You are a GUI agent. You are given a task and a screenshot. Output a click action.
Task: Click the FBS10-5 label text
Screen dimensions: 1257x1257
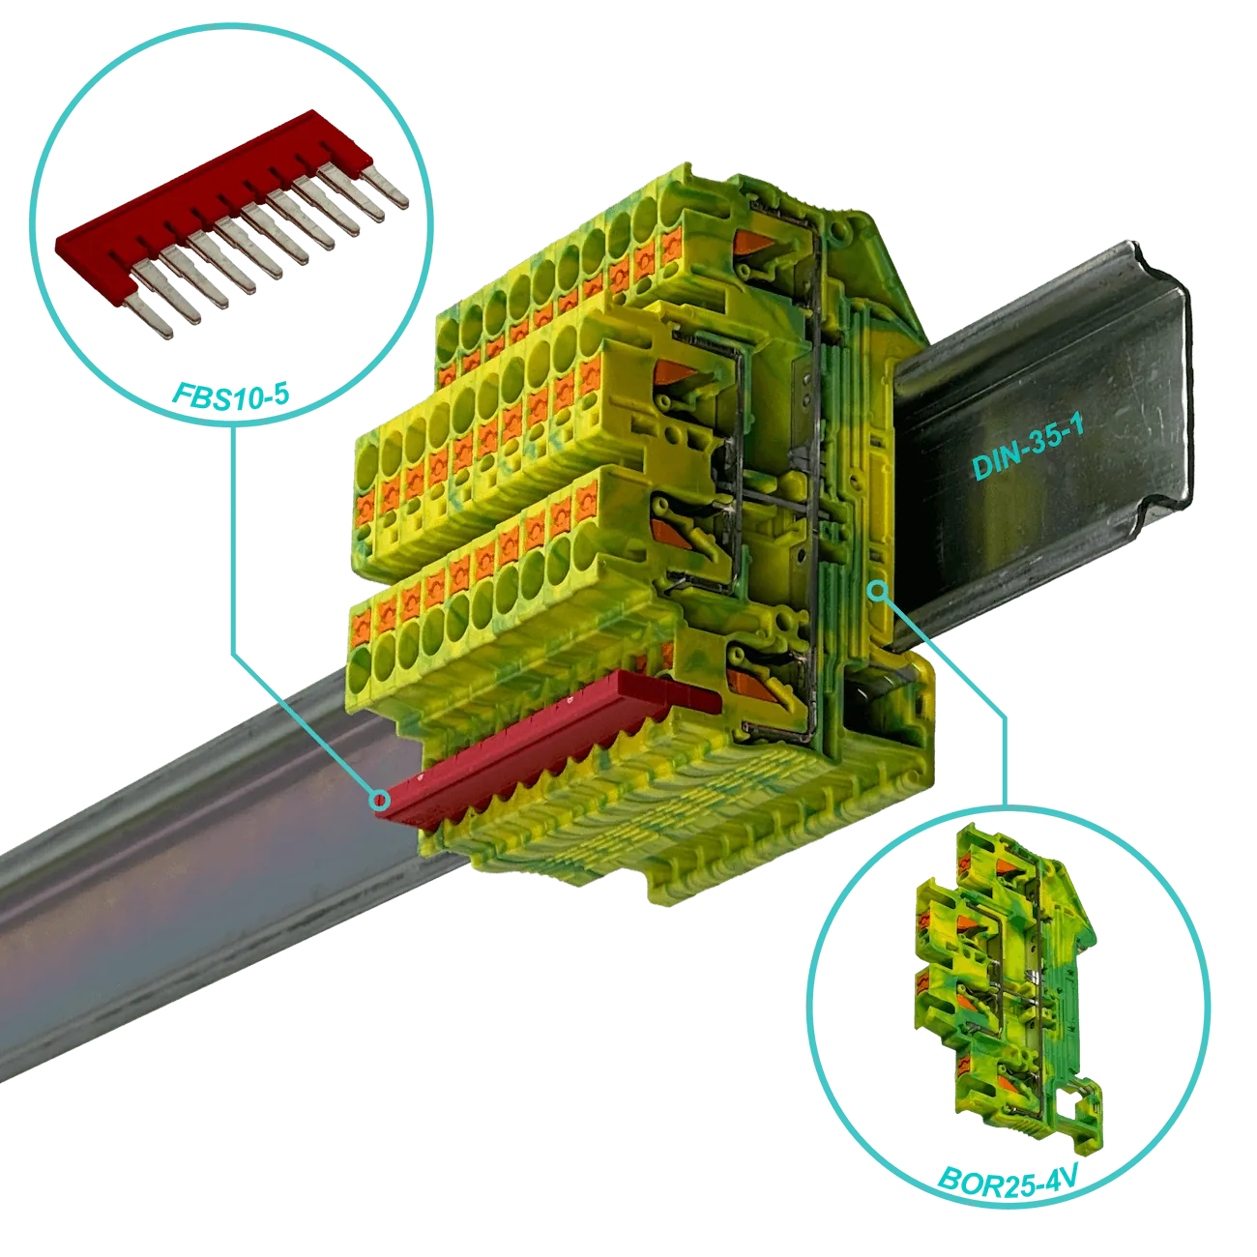pyautogui.click(x=230, y=395)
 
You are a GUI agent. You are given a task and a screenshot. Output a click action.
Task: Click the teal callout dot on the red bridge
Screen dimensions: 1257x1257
pyautogui.click(x=379, y=799)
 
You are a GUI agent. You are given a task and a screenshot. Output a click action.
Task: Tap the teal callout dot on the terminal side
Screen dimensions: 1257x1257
pyautogui.click(x=879, y=592)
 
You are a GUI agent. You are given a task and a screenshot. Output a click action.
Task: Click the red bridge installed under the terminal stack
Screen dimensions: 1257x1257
pyautogui.click(x=548, y=744)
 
